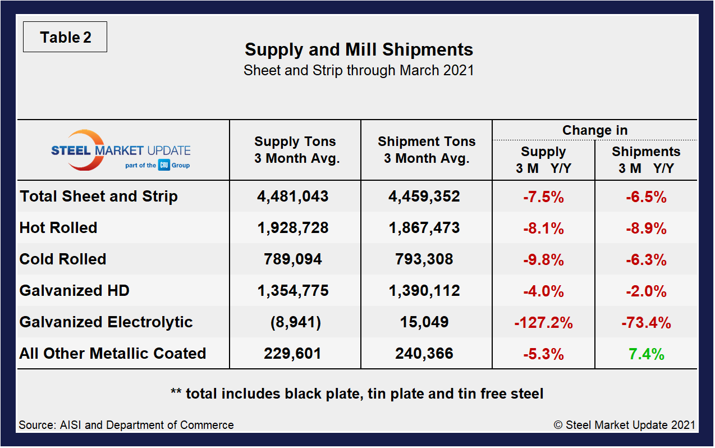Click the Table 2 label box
(x=65, y=38)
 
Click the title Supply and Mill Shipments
(x=359, y=49)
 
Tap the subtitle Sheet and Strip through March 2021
(x=359, y=70)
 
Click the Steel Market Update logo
(x=121, y=150)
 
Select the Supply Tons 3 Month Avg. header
(x=295, y=150)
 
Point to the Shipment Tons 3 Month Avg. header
(x=427, y=150)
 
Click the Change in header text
(x=595, y=130)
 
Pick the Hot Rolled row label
(x=58, y=228)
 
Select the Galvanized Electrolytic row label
(x=106, y=322)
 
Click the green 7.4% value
(x=647, y=354)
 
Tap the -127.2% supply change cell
(x=543, y=322)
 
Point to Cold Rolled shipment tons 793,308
(x=427, y=259)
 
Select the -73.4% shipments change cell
(x=647, y=322)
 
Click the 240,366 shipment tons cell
(x=427, y=354)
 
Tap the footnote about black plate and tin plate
(x=357, y=394)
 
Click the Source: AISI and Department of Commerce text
(x=126, y=425)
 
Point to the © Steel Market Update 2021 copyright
(x=625, y=425)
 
